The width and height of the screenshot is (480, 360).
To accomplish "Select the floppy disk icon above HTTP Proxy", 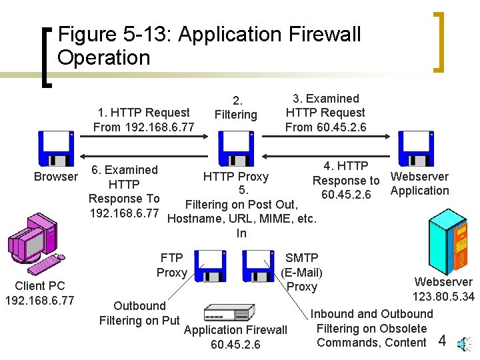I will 235,149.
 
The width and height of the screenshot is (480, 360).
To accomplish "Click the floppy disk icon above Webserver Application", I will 416,149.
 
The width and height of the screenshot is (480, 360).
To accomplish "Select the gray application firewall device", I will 229,313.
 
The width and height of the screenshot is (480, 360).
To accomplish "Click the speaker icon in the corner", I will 463,343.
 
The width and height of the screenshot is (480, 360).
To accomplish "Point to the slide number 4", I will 441,341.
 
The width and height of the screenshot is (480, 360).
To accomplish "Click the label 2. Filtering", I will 235,108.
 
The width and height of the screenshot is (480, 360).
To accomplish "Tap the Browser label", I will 56,177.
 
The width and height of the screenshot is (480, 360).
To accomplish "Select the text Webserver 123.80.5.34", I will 443,289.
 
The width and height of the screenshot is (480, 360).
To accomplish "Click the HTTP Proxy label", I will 235,177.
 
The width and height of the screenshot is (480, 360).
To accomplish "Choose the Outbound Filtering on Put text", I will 139,313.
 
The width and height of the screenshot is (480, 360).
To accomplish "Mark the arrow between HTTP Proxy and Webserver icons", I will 327,136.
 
